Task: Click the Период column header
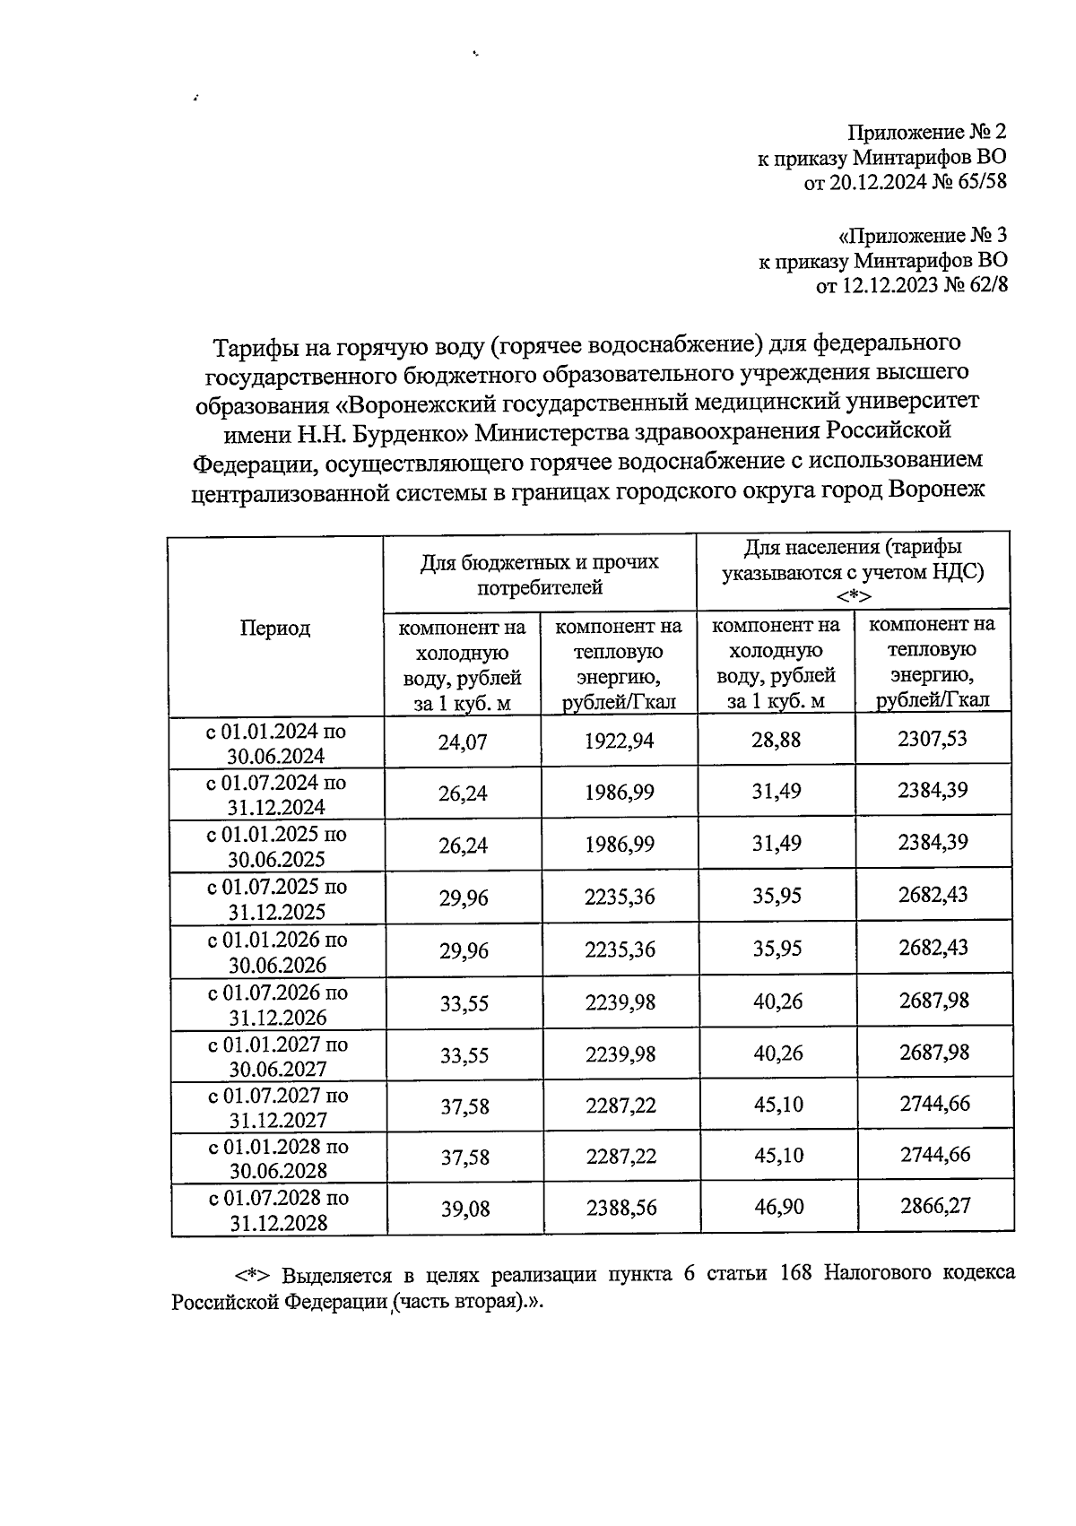275,628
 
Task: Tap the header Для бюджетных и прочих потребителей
540,575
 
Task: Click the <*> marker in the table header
853,596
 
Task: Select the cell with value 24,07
463,741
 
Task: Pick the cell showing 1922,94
619,741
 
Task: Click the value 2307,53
933,739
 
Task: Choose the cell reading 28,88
777,740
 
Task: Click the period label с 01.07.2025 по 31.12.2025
276,899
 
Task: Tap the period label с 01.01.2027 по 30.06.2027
276,1056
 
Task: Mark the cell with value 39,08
464,1209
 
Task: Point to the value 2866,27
934,1207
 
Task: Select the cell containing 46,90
777,1208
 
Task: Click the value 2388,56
620,1209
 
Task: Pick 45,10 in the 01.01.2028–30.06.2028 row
777,1156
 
